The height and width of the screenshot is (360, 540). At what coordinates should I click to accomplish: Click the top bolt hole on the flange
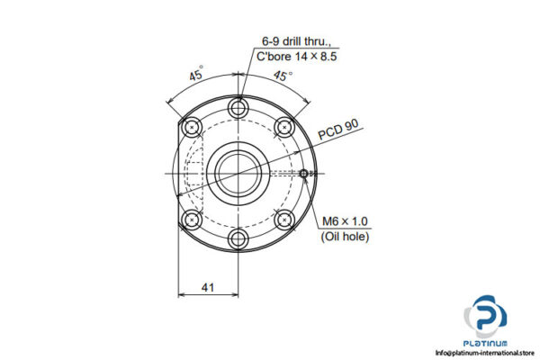[x=238, y=108]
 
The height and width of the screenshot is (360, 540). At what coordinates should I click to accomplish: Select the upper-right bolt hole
[x=285, y=126]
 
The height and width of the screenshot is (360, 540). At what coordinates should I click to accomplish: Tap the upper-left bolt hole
[x=191, y=126]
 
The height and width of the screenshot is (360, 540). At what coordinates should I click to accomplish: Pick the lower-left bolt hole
[x=191, y=220]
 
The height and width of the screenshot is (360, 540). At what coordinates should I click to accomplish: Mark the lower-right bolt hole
[x=285, y=220]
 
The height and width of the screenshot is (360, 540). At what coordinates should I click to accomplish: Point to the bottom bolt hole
[x=238, y=238]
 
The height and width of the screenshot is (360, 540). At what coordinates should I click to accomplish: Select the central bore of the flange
[x=238, y=173]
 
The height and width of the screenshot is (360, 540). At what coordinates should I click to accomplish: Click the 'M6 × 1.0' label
[x=346, y=221]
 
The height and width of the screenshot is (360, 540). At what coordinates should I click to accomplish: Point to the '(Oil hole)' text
[x=346, y=237]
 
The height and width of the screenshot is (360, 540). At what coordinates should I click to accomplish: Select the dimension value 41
[x=208, y=287]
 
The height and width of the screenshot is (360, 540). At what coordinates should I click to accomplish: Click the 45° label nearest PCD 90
[x=284, y=77]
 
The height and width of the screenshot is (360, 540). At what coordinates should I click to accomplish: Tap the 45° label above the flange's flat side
[x=194, y=76]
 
